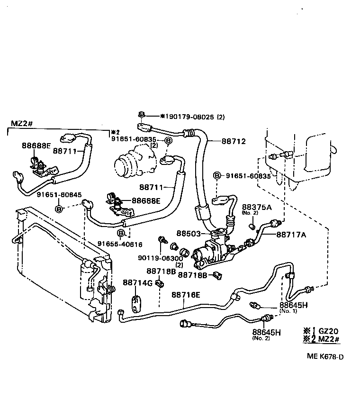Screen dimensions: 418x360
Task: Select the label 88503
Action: (x=189, y=234)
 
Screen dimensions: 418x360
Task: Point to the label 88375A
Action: (x=257, y=207)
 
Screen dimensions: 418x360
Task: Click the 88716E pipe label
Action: (x=186, y=295)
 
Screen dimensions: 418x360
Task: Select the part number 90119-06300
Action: (x=160, y=258)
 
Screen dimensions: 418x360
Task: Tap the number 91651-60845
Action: (x=59, y=194)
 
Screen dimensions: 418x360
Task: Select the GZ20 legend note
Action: (x=329, y=331)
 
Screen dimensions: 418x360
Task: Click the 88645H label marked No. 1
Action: (x=294, y=305)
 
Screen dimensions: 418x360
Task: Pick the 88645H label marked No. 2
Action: (x=266, y=332)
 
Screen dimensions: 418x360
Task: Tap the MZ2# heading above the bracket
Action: (x=21, y=124)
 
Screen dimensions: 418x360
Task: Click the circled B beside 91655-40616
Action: (x=122, y=233)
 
